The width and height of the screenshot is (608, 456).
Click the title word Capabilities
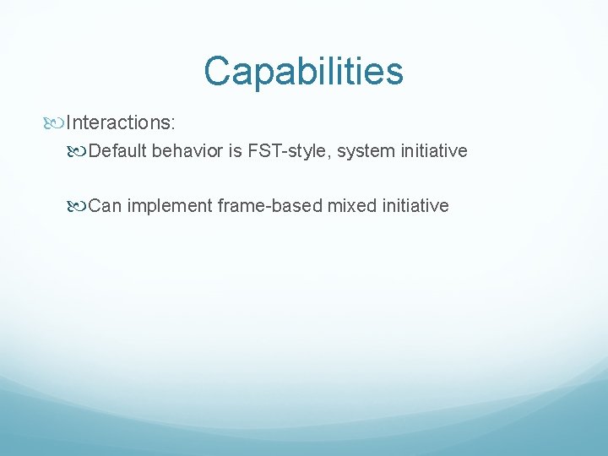pos(303,72)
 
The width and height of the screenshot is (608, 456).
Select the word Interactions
pos(117,123)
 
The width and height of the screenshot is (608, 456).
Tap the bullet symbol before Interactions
pos(57,123)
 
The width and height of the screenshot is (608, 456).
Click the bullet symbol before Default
pos(79,152)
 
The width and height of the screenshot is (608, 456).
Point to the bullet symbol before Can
pos(79,206)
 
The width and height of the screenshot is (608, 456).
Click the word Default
pos(117,152)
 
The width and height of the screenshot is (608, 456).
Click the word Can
pos(105,206)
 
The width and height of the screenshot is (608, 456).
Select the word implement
pos(169,206)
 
